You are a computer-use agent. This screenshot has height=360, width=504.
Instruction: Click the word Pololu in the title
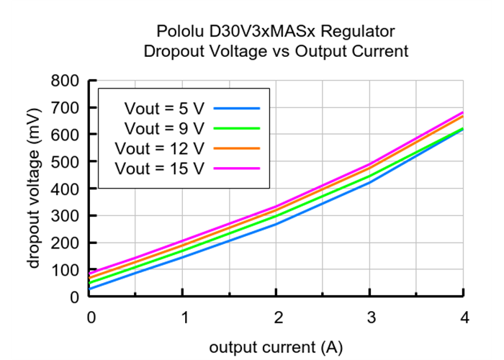point(180,32)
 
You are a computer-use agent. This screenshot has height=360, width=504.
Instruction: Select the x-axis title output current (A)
point(276,348)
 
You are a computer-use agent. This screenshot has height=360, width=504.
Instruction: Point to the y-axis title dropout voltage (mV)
point(34,189)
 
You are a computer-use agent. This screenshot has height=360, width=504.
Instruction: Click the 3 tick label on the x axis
point(370,318)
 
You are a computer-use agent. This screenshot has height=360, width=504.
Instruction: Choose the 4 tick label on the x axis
point(464,318)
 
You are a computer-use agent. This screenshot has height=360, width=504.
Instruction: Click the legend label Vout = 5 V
point(165,109)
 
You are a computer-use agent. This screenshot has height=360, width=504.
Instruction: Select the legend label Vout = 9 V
point(165,128)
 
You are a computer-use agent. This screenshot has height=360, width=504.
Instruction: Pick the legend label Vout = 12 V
point(161,148)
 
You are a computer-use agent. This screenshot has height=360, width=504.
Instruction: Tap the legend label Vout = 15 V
point(161,168)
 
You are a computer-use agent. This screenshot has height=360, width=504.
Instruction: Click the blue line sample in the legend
point(236,108)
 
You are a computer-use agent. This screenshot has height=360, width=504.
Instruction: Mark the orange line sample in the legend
point(236,148)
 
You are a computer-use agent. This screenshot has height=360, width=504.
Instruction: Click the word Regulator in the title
point(361,32)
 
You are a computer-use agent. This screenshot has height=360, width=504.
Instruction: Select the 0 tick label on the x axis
point(90,318)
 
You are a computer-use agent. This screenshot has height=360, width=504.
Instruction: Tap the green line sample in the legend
point(236,127)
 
